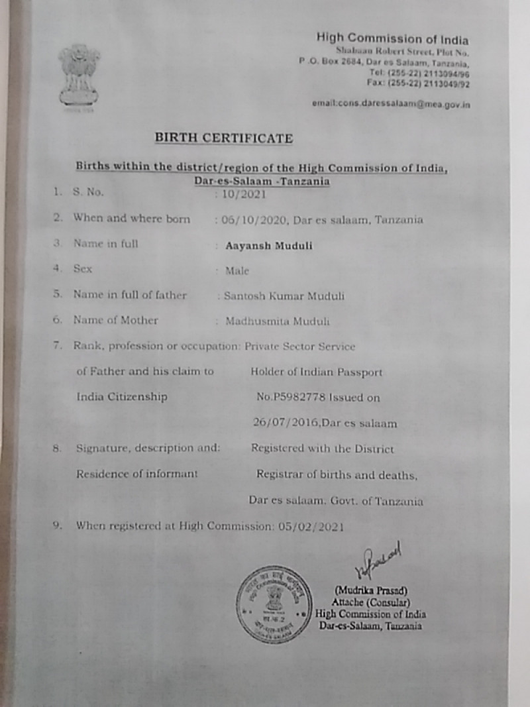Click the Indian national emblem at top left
78,75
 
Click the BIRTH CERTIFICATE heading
223,138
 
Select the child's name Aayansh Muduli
268,245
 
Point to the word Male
237,270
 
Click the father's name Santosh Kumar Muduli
284,296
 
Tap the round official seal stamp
274,604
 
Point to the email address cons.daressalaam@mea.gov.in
391,104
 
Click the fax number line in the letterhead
418,83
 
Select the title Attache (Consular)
370,603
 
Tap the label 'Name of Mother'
115,320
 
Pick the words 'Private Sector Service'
299,346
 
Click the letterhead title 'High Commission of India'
392,38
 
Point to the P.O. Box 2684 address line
384,62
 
